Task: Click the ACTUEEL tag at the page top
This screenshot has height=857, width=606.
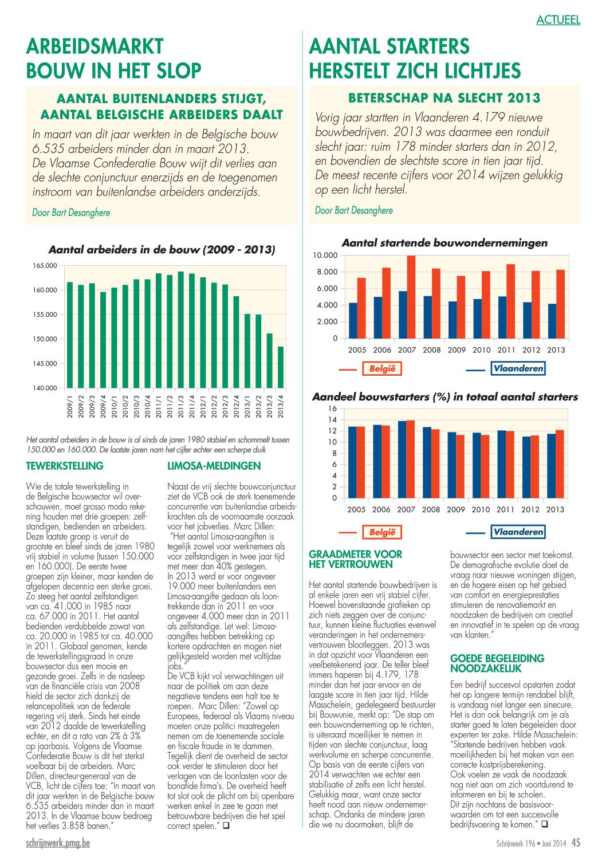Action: coord(558,19)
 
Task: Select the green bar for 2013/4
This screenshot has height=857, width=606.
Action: coord(281,367)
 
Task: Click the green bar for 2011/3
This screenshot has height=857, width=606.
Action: coord(180,330)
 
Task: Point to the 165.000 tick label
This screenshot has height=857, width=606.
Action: coord(45,265)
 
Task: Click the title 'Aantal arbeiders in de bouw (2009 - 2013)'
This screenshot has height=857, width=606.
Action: coord(162,250)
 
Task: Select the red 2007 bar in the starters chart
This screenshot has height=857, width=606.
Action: coord(411,297)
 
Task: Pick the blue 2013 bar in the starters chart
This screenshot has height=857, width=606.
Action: coord(552,321)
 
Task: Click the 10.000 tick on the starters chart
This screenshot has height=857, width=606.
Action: coord(325,255)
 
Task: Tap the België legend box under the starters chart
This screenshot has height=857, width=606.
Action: coord(382,368)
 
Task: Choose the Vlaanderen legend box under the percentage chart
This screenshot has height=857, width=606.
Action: coord(518,532)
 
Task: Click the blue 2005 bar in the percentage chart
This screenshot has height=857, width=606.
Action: coord(352,462)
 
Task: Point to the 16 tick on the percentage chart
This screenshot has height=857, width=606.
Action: coord(332,408)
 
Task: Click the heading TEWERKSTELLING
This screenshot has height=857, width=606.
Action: coord(65,466)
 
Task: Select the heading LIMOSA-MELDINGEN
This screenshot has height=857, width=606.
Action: coord(214,466)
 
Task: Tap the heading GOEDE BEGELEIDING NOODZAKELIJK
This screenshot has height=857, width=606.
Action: coord(497,663)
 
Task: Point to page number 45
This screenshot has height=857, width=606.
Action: coord(576,843)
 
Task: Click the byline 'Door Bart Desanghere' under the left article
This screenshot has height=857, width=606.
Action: coord(71,213)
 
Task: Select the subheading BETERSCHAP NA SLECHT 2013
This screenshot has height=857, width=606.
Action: coord(444,98)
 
